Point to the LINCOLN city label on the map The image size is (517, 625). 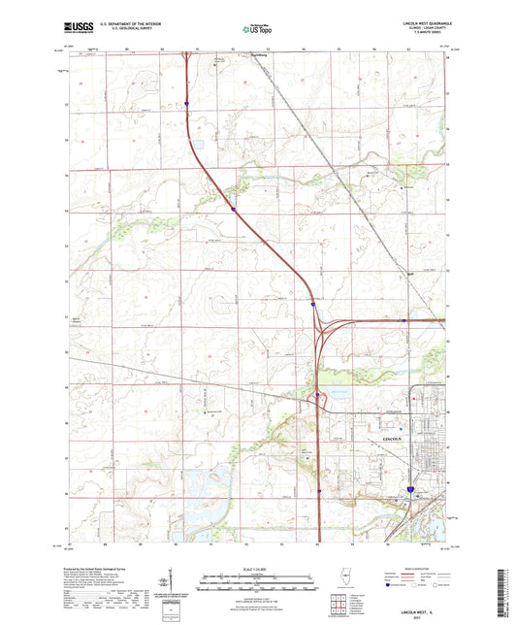coord(392,439)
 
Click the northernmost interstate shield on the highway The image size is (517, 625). coord(188,99)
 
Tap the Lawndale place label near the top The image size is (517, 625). coord(227,57)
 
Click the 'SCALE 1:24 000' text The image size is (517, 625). coord(258,569)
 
